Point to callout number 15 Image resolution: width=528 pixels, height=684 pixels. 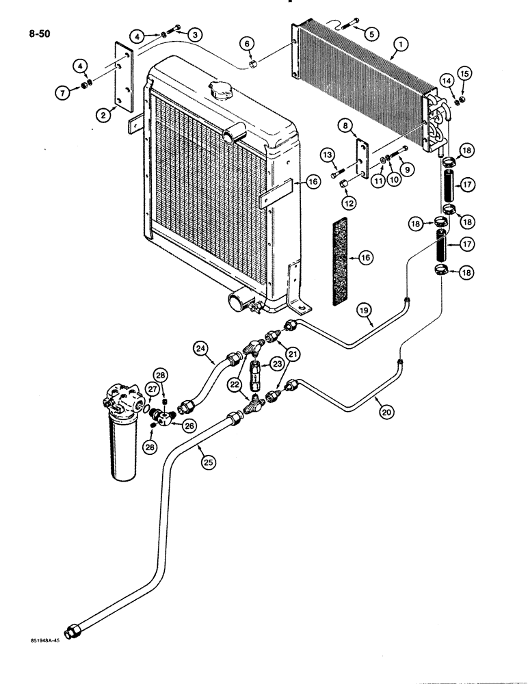point(465,73)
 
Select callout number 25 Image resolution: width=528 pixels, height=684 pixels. point(207,461)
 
